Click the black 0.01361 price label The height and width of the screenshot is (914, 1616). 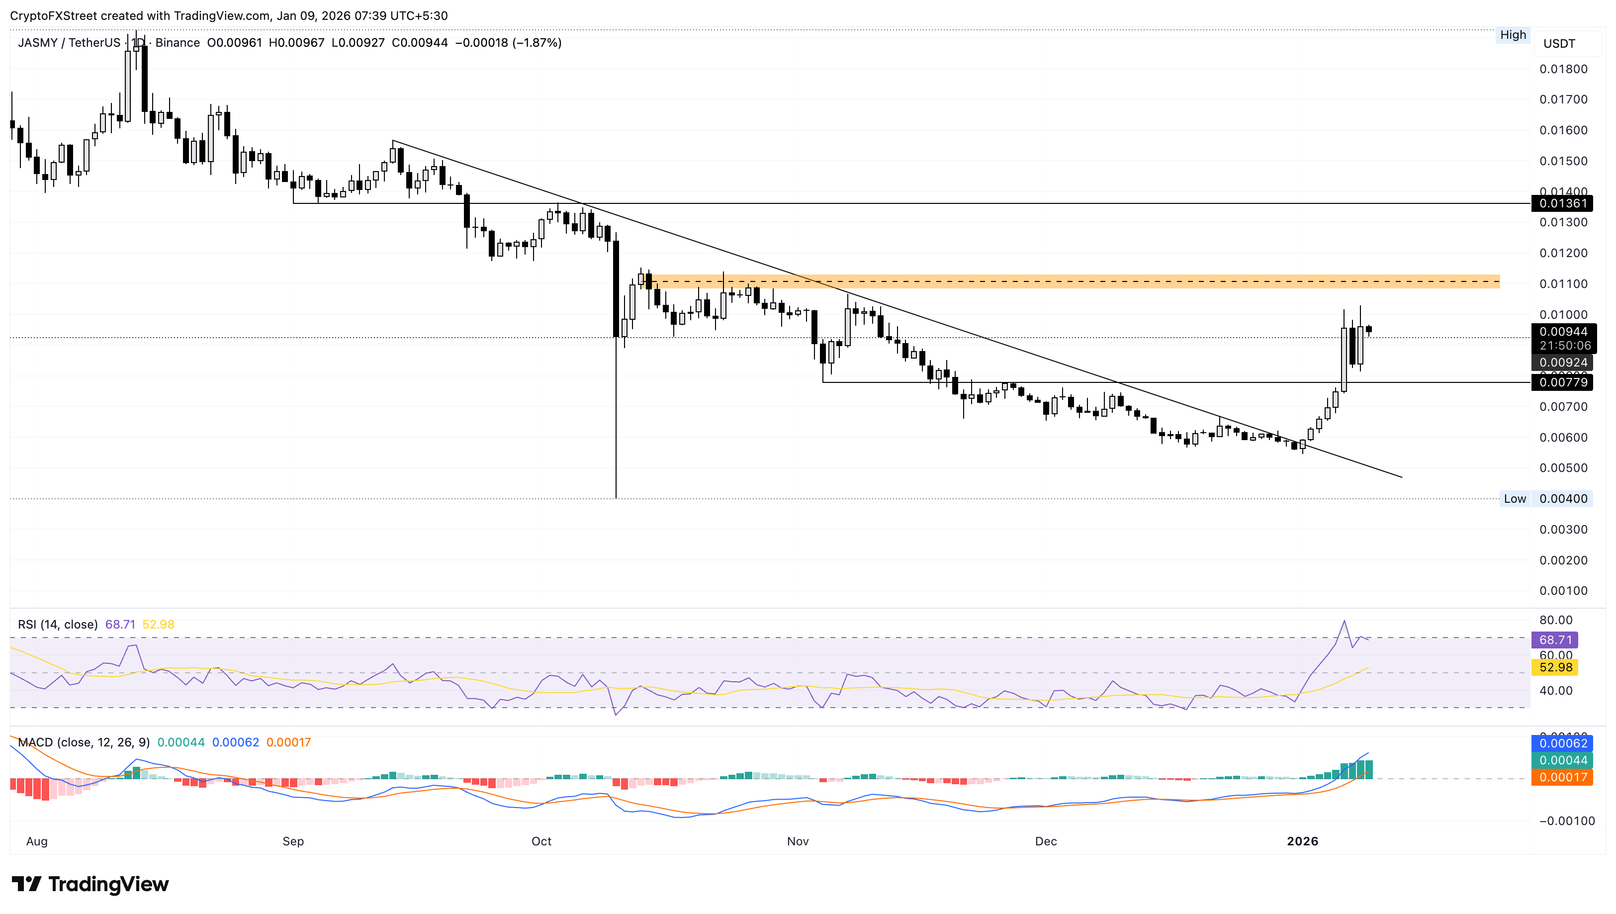click(1562, 203)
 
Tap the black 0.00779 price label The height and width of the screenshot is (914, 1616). click(1562, 382)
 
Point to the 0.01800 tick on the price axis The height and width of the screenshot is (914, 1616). click(1563, 69)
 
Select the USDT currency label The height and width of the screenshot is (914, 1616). click(1559, 43)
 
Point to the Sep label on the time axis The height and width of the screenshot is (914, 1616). click(293, 841)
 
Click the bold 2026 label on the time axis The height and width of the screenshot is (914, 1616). click(1302, 841)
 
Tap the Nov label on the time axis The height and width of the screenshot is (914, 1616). click(798, 841)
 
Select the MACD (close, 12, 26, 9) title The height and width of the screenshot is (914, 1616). click(84, 742)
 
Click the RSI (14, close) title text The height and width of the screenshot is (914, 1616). click(58, 625)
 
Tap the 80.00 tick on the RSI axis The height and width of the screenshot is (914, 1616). click(1556, 620)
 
